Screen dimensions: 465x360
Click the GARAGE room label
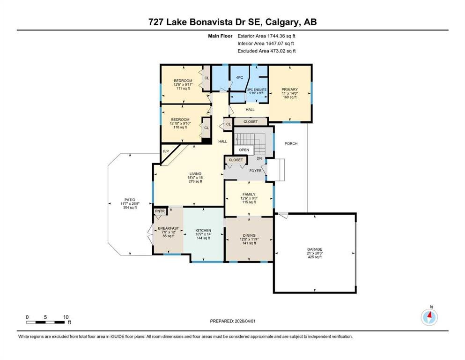click(315, 249)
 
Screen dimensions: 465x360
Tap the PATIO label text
click(130, 200)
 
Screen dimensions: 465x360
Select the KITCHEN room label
click(203, 230)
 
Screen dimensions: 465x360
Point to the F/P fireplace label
click(166, 151)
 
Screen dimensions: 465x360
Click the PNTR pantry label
click(160, 211)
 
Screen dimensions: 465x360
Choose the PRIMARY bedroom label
click(290, 90)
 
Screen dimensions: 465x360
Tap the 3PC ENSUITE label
click(257, 90)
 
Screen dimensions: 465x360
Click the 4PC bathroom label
click(240, 77)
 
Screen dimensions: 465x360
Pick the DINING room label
click(249, 235)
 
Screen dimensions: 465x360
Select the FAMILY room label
click(249, 195)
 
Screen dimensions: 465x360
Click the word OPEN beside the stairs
click(244, 150)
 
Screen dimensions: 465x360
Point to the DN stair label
click(259, 158)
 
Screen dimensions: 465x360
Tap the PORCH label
click(291, 143)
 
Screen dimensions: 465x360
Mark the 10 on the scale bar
click(66, 317)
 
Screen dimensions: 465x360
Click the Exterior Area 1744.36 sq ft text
click(266, 36)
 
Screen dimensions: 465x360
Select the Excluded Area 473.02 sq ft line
click(266, 51)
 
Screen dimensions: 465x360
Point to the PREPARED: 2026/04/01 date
click(233, 321)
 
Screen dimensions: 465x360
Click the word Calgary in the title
click(283, 22)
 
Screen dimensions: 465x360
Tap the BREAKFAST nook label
click(169, 228)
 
